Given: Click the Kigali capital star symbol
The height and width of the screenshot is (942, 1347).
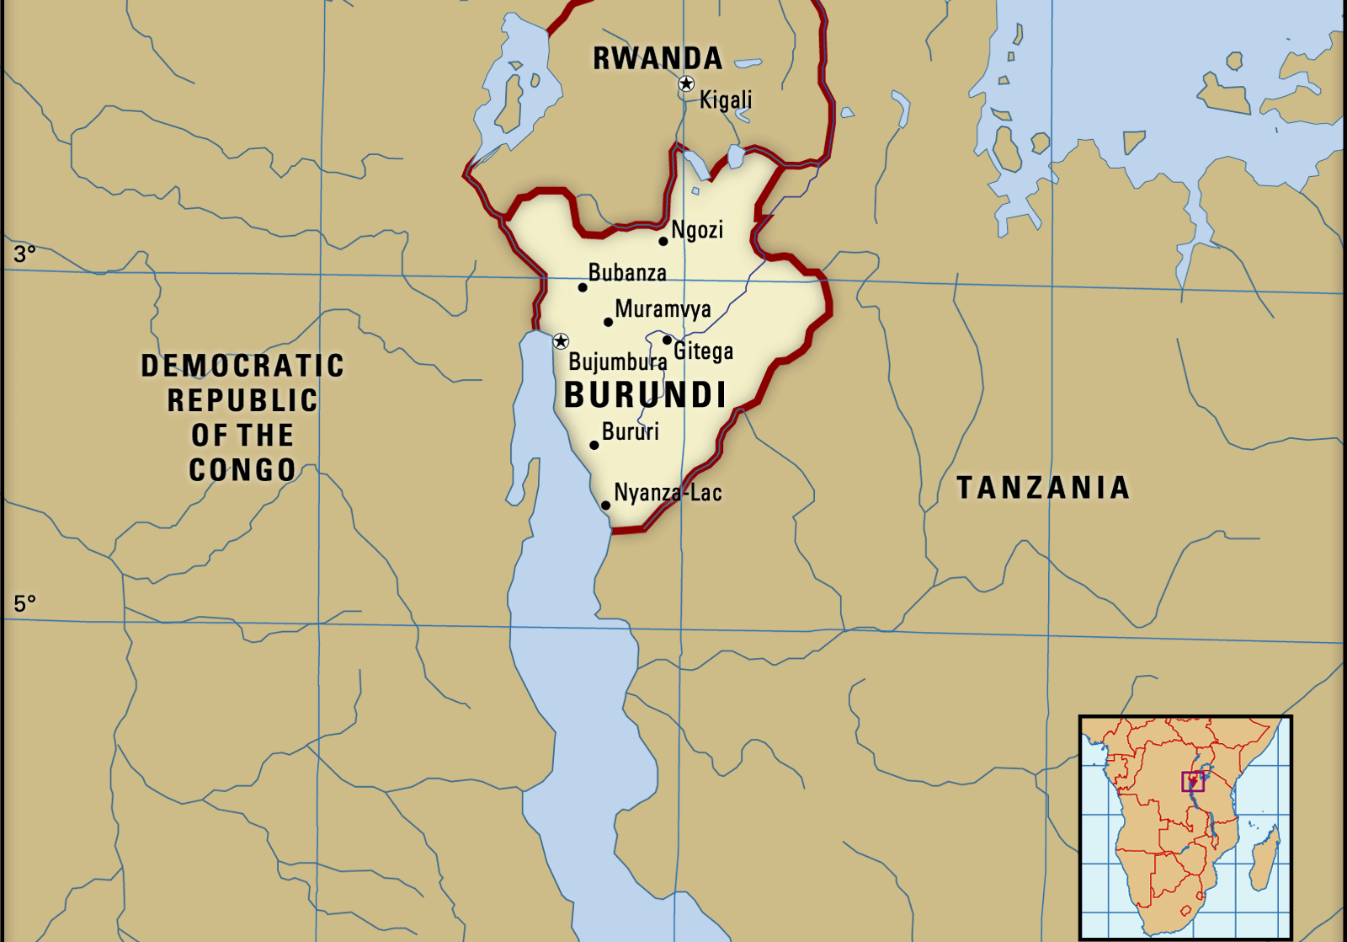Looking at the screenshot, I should tap(686, 83).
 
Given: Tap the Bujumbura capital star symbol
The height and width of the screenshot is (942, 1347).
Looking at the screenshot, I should tap(561, 341).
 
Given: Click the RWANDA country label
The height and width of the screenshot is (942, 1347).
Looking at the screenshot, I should tap(658, 58).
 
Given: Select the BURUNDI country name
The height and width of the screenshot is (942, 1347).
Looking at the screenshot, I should tap(645, 395).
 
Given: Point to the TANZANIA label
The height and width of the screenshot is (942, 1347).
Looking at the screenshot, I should tap(1043, 488).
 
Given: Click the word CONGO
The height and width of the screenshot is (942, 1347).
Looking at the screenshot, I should tap(242, 470).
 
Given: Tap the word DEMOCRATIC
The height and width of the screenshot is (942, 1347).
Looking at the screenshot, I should tap(242, 366).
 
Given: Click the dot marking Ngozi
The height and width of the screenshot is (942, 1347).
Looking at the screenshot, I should tap(663, 241).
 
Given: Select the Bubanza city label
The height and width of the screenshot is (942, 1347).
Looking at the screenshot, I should tap(627, 273).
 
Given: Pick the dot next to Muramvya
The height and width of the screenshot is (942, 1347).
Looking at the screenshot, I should tap(608, 322).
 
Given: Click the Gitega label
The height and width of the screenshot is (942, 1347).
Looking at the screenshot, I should tap(703, 351).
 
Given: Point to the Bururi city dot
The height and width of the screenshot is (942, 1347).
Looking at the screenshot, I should tap(594, 445).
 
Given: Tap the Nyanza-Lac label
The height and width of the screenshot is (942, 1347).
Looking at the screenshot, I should tap(668, 493).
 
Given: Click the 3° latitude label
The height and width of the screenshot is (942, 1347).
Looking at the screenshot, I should tap(24, 253).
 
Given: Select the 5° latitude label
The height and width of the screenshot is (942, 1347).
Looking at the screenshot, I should tap(24, 603).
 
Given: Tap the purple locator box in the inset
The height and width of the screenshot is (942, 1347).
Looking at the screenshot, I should tap(1193, 781).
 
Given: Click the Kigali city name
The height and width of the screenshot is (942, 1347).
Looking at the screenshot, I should tap(726, 100).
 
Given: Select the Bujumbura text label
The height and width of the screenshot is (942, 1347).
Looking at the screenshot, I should tap(618, 362).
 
